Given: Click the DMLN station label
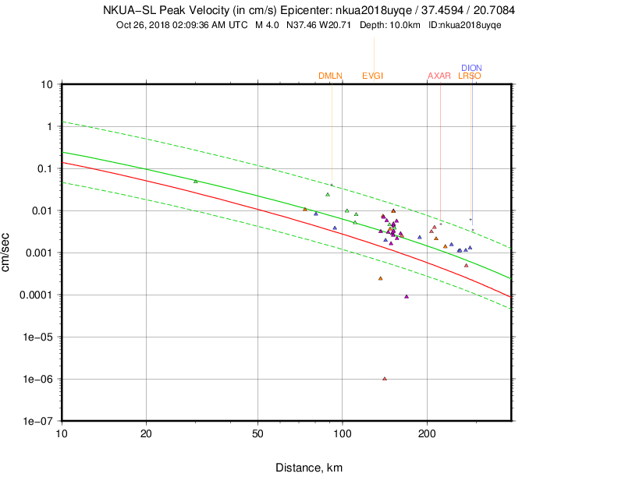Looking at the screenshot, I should [x=330, y=76].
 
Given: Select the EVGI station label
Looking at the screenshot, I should [x=373, y=76].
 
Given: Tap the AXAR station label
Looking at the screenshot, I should [x=439, y=76].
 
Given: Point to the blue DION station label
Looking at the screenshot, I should [x=471, y=68].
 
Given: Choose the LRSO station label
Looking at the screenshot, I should [x=469, y=76].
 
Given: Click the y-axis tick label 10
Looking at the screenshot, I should [x=46, y=84].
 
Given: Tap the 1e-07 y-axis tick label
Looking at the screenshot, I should [x=38, y=422].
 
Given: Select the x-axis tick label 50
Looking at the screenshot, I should [x=258, y=433].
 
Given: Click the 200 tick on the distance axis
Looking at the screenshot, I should [x=427, y=433].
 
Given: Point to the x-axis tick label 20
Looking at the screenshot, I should [x=146, y=433].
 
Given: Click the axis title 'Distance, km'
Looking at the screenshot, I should [x=308, y=468].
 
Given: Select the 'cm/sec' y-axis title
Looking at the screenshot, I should [x=8, y=253].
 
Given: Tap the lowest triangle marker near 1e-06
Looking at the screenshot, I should [x=385, y=379].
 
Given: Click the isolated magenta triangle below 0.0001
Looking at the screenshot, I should [x=407, y=296].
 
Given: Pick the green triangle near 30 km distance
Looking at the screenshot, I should [x=195, y=182].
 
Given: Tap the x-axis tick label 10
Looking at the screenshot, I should [x=62, y=433].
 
